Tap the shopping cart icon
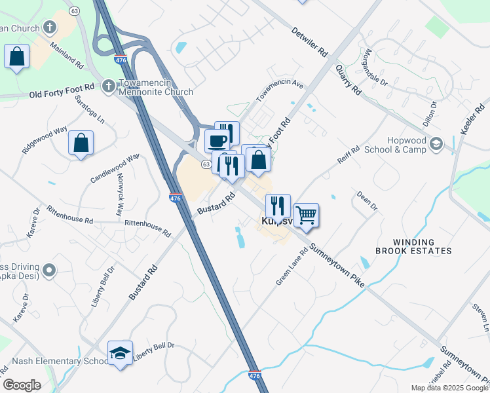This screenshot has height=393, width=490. [x=306, y=215]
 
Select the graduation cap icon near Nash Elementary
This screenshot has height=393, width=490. [x=120, y=353]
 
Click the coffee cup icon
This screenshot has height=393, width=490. [x=217, y=140]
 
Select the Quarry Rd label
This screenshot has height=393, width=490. [x=348, y=79]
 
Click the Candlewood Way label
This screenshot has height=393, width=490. [x=115, y=167]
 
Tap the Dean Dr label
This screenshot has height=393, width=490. [x=367, y=200]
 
